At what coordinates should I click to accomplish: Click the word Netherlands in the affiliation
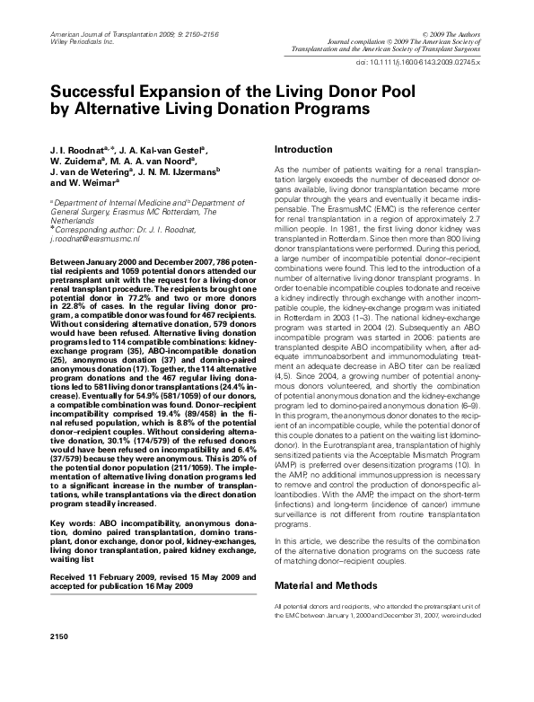click(73, 220)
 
